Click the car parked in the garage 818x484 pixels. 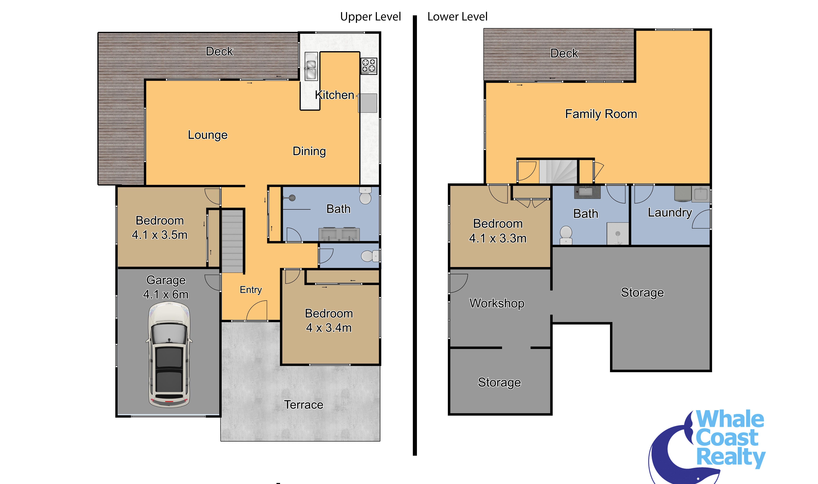coord(169,355)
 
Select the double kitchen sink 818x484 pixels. coord(311,66)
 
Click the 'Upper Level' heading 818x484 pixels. coord(371,17)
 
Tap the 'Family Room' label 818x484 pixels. coord(601,114)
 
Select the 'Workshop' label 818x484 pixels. coord(497,303)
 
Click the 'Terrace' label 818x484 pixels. coord(304,405)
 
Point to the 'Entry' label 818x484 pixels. coord(251,290)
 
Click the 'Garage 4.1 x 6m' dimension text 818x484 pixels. coord(166,287)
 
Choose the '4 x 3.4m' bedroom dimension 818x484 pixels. coord(329,328)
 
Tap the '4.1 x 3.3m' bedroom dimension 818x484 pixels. coord(498,238)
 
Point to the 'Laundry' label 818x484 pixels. coord(670,213)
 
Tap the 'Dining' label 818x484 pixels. coord(309,151)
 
